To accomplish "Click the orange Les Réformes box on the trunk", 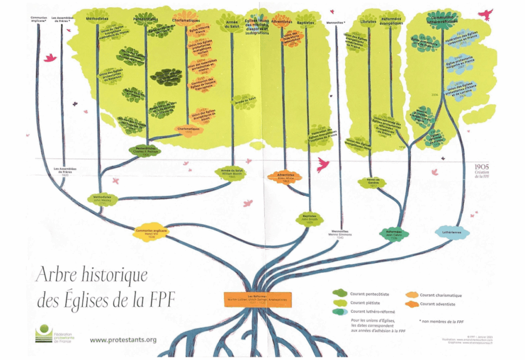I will [x=253, y=299].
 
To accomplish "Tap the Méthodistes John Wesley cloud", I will [x=103, y=199].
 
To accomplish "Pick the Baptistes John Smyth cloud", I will [x=309, y=219].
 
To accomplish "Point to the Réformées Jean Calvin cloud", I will [x=394, y=234].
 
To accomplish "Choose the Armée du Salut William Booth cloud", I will [x=230, y=172].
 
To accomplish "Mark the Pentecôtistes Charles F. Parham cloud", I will [x=145, y=150].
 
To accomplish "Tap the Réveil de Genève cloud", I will [x=380, y=182].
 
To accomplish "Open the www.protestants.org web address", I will [x=123, y=339].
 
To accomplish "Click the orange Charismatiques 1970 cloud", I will [x=188, y=130].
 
